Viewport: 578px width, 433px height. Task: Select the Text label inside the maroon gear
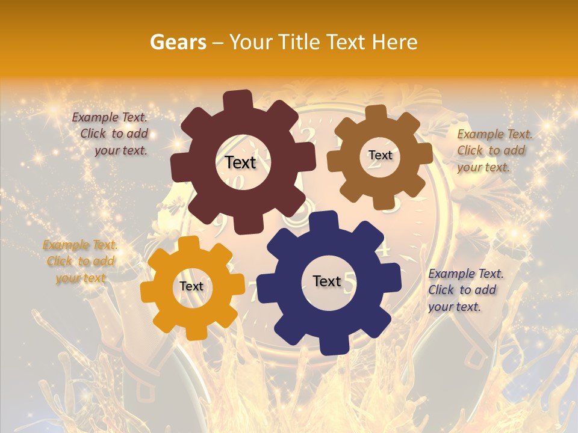click(240, 162)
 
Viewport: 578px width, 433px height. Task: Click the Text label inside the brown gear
click(380, 155)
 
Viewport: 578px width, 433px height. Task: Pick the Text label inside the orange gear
click(191, 286)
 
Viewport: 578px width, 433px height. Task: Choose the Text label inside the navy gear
click(327, 281)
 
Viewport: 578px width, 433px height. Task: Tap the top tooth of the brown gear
click(376, 112)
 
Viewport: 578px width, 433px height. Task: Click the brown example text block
click(494, 150)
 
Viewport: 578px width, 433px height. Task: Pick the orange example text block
click(80, 262)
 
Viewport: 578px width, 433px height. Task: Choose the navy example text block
click(465, 290)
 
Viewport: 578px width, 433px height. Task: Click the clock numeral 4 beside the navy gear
click(385, 248)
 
